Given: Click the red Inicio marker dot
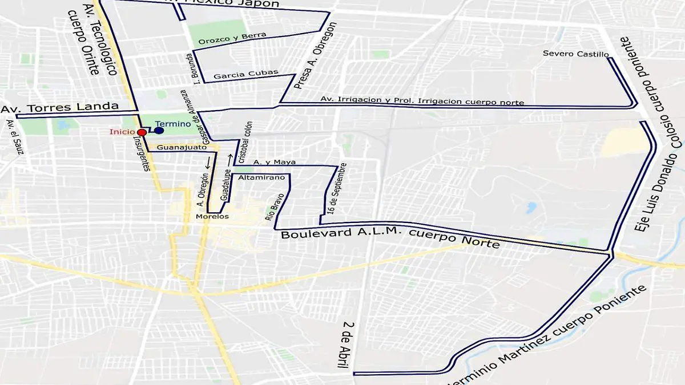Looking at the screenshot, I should [142, 132].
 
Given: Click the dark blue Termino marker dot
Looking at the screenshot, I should [159, 131].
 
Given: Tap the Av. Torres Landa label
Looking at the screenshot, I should [60, 107].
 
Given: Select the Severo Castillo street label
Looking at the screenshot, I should [575, 54].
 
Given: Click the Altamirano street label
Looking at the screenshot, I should [261, 178].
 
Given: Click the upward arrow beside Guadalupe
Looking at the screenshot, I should [230, 157].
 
